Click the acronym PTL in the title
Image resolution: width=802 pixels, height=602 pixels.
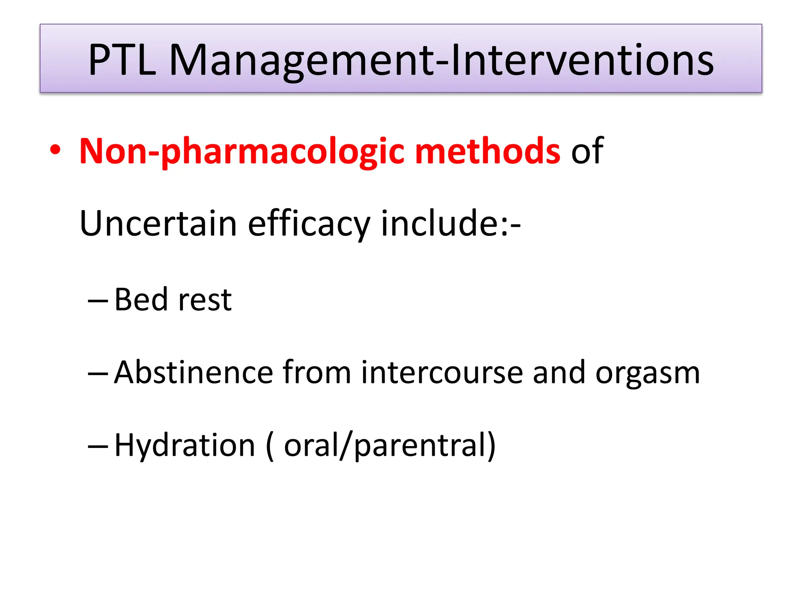(122, 60)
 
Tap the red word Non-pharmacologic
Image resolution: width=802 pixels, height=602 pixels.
(242, 152)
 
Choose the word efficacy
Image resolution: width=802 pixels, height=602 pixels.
(309, 225)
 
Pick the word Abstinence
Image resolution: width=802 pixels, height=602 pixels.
(193, 372)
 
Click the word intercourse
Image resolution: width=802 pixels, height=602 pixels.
(442, 372)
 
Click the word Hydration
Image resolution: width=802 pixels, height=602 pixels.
(185, 446)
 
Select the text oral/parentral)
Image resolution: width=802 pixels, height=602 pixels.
(390, 446)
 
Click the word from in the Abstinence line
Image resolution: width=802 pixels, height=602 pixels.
(316, 372)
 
